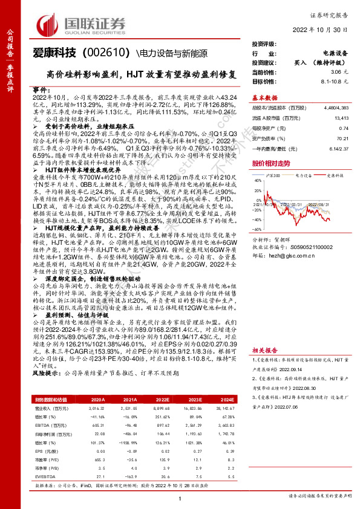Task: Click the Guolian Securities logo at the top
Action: pos(82,24)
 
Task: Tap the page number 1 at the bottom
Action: pos(180,498)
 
